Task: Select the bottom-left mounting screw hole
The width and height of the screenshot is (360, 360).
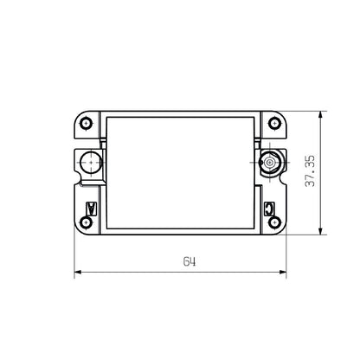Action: coord(86,222)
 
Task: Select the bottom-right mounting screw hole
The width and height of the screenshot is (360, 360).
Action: coord(274,222)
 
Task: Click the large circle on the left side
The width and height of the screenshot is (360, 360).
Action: coord(88,162)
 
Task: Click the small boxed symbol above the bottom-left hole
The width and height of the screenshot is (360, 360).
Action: coord(92,207)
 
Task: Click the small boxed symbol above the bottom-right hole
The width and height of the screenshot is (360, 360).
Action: coord(269,207)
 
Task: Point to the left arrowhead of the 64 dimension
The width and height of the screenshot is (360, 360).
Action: coord(77,273)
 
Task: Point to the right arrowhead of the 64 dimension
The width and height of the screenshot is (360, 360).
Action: coord(283,273)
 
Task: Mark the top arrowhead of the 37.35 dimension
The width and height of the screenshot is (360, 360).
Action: coord(322,113)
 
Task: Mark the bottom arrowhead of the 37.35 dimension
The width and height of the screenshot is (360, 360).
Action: coord(322,231)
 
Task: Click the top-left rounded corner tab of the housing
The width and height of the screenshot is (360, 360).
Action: coord(81,118)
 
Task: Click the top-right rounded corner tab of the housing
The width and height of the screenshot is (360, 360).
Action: coord(279,118)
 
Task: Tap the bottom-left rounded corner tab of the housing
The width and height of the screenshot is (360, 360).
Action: coord(81,227)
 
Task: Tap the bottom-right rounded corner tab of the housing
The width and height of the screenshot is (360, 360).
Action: coord(279,227)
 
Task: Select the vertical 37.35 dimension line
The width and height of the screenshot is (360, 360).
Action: coord(322,199)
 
